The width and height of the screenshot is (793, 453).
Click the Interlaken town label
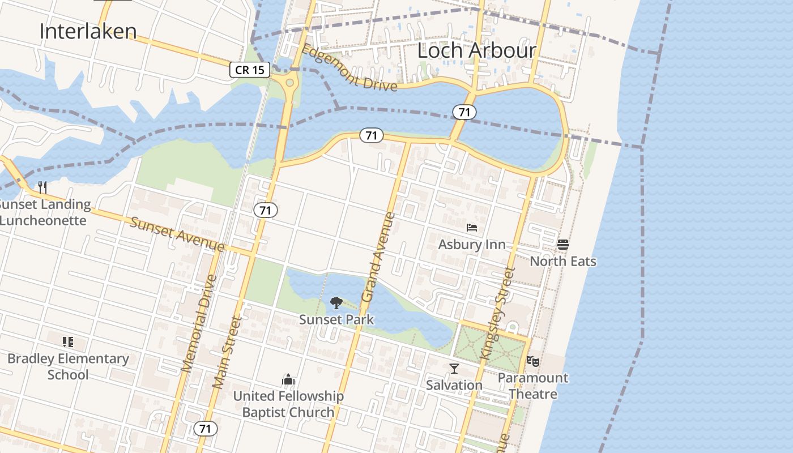click(x=88, y=31)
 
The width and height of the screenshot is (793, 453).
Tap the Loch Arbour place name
click(x=476, y=50)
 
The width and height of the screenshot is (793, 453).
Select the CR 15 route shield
click(x=249, y=70)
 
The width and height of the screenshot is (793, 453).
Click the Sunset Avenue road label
click(x=177, y=234)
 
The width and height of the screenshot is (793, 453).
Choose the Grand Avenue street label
click(x=377, y=257)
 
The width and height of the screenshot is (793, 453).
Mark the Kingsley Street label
click(x=496, y=313)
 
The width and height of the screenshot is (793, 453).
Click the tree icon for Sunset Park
click(x=336, y=303)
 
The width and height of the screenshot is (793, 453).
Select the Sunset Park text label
click(x=336, y=319)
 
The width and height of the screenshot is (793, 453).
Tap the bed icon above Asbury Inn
click(x=472, y=228)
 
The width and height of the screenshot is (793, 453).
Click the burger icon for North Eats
click(x=562, y=245)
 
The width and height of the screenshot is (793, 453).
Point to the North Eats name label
click(x=562, y=261)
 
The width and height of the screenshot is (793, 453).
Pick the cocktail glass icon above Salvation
click(x=454, y=369)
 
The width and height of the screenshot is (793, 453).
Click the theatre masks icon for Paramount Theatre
click(x=532, y=361)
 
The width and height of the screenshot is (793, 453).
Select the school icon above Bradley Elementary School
click(x=68, y=341)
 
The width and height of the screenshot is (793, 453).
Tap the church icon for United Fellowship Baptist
click(x=288, y=379)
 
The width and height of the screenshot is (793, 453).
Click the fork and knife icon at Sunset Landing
click(x=42, y=187)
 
